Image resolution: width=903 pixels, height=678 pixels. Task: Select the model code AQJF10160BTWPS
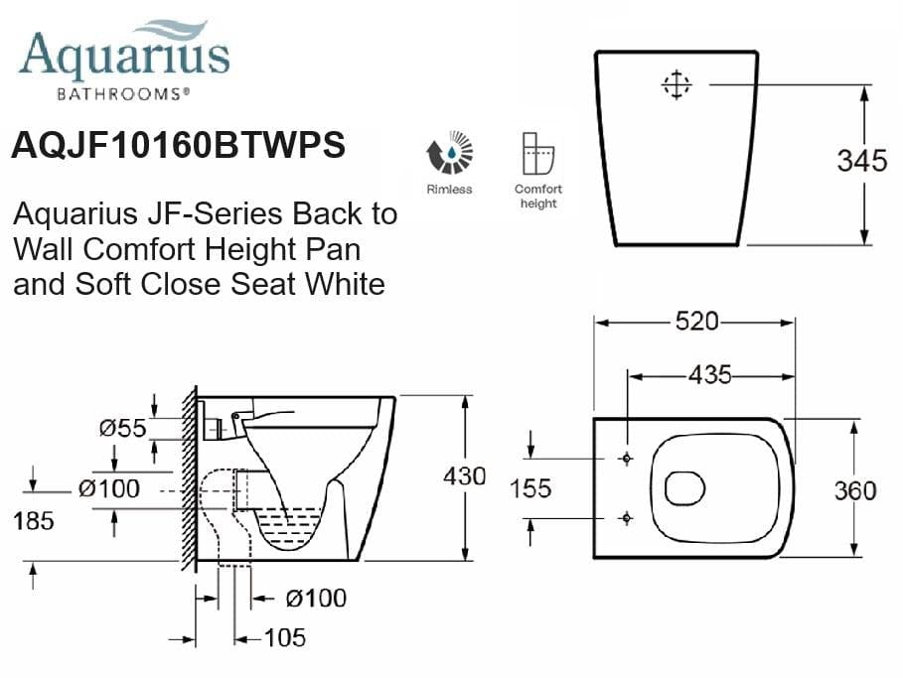pyautogui.click(x=178, y=146)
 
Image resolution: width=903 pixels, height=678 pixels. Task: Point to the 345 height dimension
pyautogui.click(x=860, y=161)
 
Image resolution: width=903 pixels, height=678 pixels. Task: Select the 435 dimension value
pyautogui.click(x=708, y=374)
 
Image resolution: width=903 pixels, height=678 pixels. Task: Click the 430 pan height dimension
pyautogui.click(x=464, y=476)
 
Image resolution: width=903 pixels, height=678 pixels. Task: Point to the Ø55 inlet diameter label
pyautogui.click(x=122, y=428)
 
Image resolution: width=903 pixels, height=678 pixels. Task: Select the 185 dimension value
pyautogui.click(x=34, y=520)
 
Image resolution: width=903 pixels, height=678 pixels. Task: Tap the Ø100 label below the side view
pyautogui.click(x=315, y=598)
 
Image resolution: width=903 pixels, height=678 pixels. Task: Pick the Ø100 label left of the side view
pyautogui.click(x=109, y=488)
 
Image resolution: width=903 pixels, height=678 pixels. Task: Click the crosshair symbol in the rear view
pyautogui.click(x=676, y=85)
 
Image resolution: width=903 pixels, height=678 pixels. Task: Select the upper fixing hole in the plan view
pyautogui.click(x=626, y=459)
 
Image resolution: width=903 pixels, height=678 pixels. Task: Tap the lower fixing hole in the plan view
pyautogui.click(x=626, y=518)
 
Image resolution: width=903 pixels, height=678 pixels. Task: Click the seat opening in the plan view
pyautogui.click(x=683, y=487)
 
